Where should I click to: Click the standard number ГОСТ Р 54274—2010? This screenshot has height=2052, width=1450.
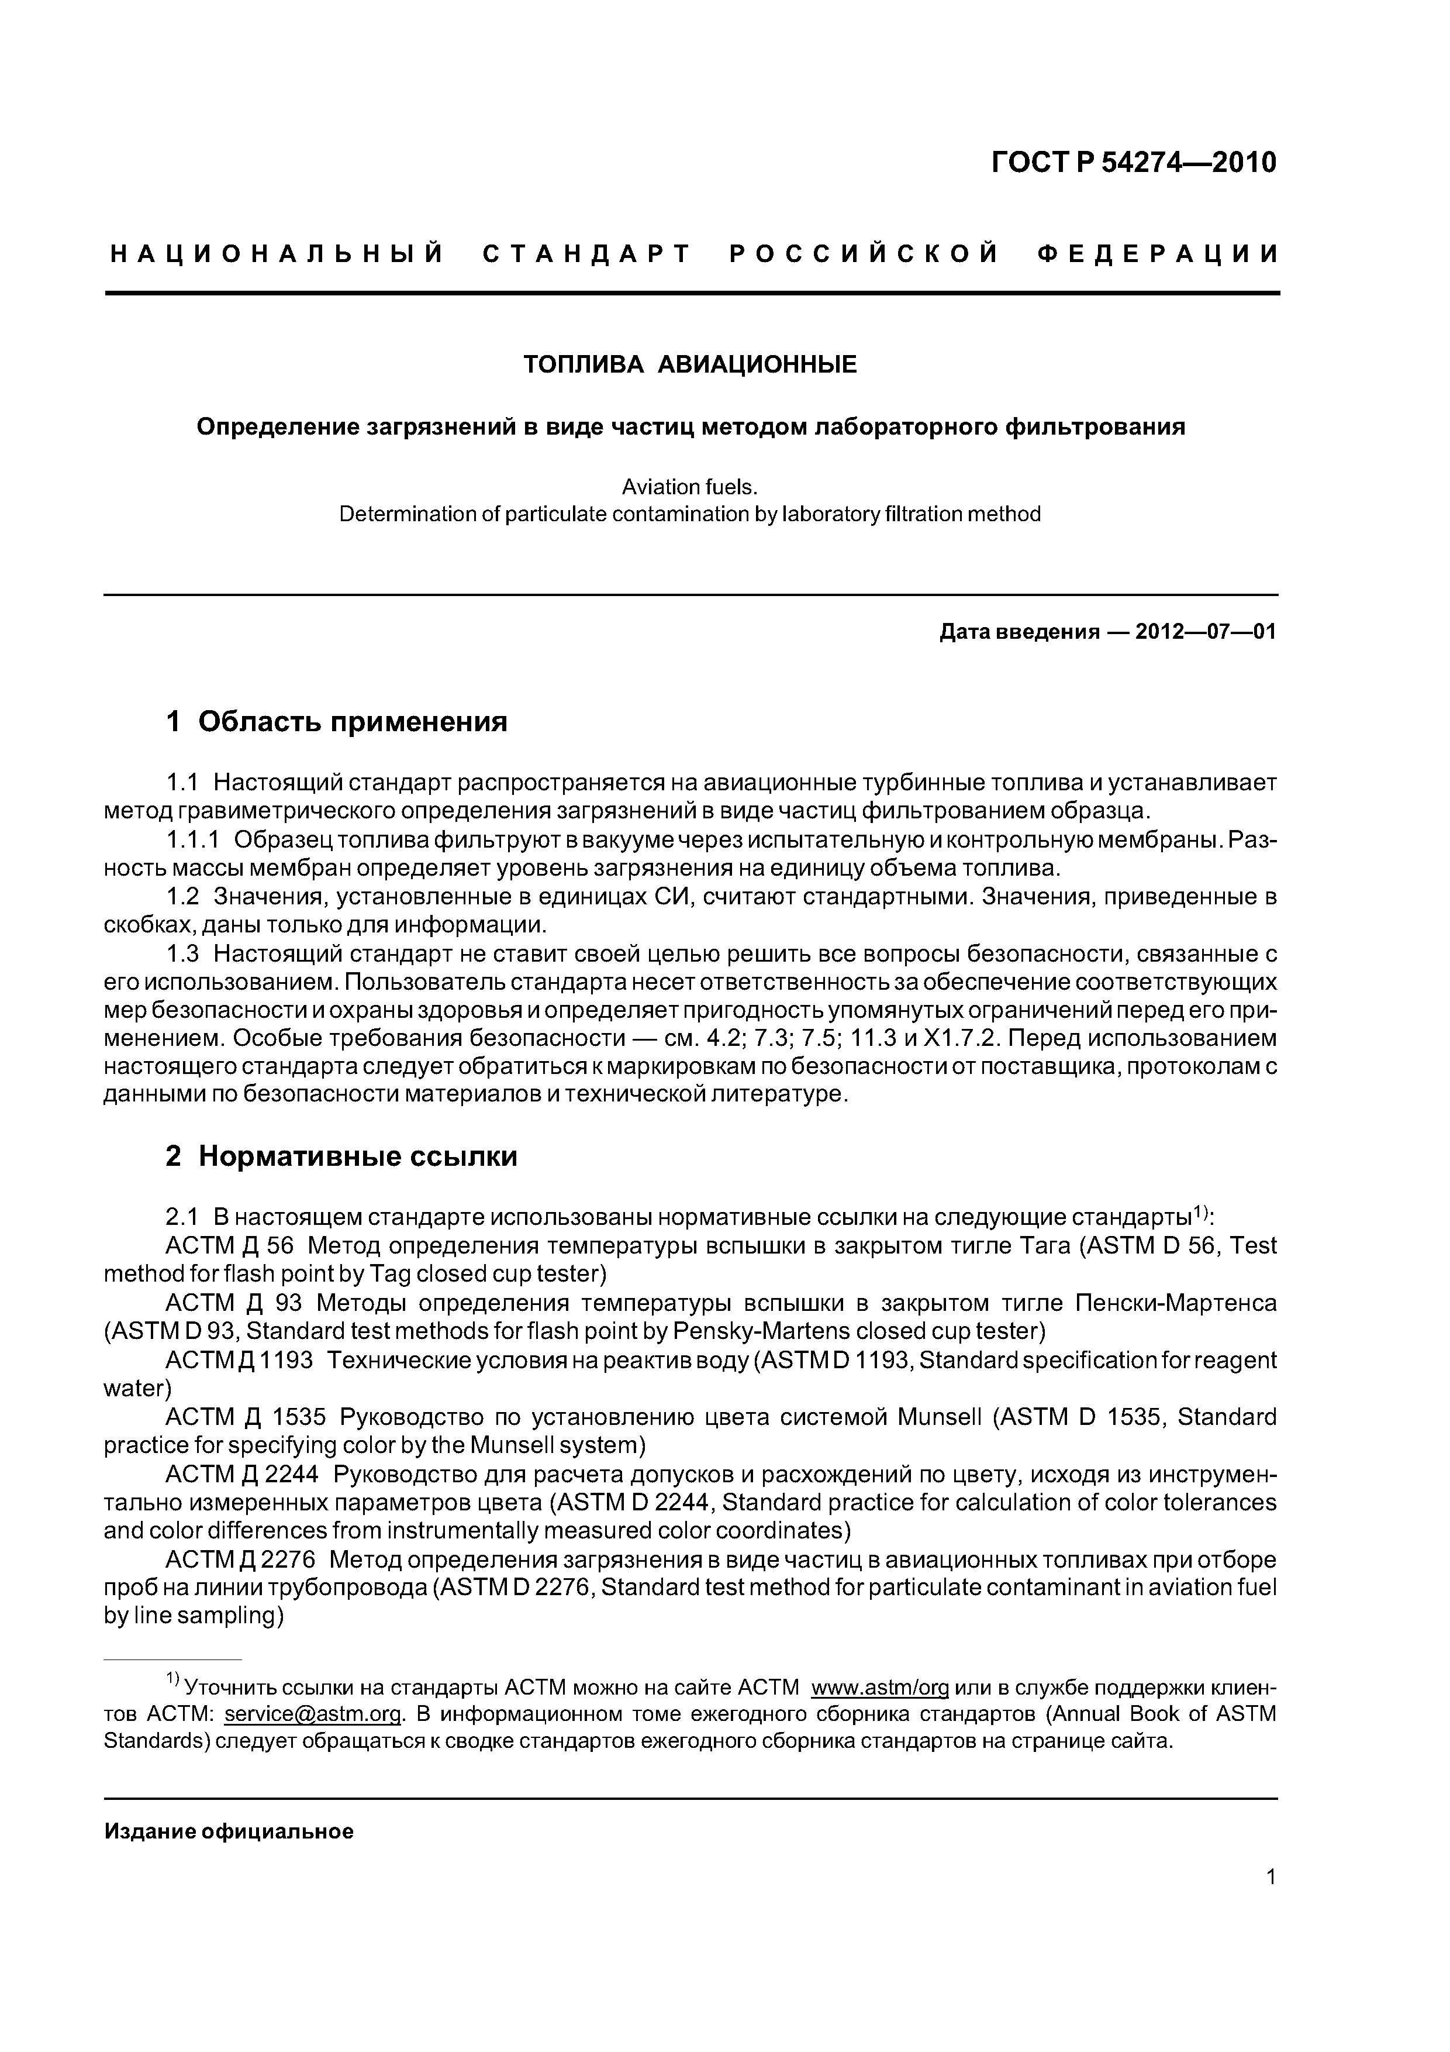tap(1134, 163)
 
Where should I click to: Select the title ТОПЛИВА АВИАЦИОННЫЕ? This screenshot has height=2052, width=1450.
tap(690, 364)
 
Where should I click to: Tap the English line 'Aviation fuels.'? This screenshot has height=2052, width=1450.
tap(690, 487)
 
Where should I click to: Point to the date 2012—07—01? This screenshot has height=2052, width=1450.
tap(1205, 633)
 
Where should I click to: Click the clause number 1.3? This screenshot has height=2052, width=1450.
tap(182, 955)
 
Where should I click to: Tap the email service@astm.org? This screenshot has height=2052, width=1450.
tap(313, 1714)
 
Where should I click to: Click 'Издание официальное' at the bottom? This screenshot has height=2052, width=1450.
tap(229, 1832)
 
